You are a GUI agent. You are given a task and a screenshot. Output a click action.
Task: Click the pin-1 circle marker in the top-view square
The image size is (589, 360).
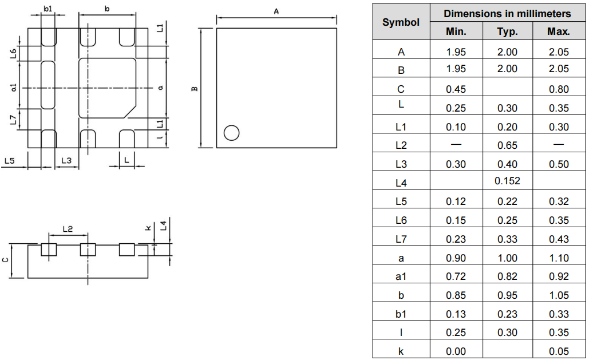[231, 133]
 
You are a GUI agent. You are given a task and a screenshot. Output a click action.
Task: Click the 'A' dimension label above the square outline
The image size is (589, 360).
[276, 11]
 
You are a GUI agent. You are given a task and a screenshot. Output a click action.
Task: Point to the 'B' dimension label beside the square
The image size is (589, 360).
[195, 89]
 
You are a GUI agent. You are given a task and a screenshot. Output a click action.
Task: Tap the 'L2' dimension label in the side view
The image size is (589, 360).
[67, 229]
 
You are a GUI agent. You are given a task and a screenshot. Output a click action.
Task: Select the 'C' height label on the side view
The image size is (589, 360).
[6, 260]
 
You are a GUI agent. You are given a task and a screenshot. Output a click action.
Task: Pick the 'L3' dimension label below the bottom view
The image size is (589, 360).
[66, 161]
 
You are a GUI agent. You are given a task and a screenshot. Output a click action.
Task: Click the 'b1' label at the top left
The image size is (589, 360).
[48, 9]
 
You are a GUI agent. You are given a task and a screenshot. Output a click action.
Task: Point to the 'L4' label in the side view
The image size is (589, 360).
[164, 226]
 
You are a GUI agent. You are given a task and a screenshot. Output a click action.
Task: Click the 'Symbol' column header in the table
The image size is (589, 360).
[401, 22]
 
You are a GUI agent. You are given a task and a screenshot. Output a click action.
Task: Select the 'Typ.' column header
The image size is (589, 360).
[507, 31]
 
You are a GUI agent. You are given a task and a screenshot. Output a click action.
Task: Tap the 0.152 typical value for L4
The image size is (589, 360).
[507, 181]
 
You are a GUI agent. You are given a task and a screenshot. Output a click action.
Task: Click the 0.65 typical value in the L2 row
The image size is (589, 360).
[507, 145]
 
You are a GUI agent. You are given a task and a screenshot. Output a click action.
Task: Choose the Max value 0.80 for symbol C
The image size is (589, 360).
[558, 89]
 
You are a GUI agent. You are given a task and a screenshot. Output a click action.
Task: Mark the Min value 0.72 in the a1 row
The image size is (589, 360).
[456, 276]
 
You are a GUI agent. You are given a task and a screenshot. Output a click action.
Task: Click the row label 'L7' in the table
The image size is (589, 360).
[401, 239]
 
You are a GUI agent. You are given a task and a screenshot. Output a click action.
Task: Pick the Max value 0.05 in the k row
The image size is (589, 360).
[558, 351]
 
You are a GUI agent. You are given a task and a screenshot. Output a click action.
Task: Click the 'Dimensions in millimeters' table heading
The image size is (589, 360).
[507, 13]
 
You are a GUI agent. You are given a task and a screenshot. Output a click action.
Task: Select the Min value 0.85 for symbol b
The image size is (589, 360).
[456, 295]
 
